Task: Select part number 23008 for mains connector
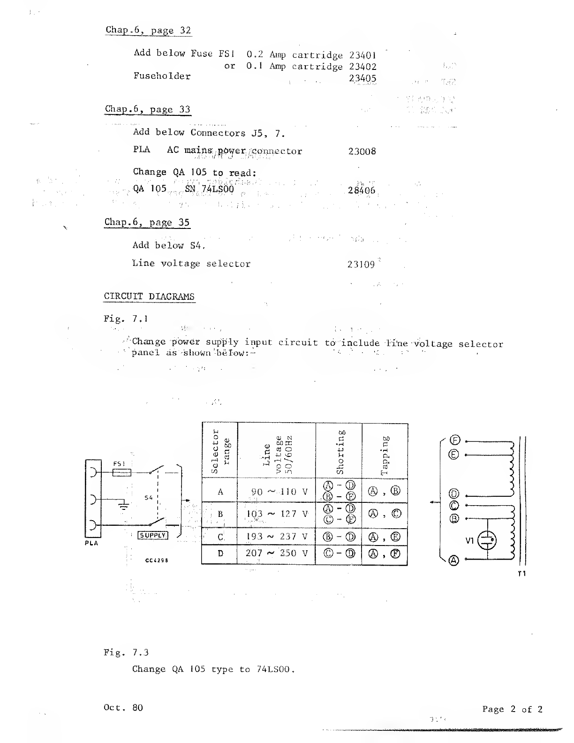pos(362,152)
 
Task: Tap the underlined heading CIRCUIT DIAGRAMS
pos(149,296)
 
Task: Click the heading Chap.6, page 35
pos(147,222)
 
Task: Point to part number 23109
pos(361,264)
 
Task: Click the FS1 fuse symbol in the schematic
pos(122,473)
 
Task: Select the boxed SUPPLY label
pos(152,535)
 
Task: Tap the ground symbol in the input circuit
pos(124,506)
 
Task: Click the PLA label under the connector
pos(92,543)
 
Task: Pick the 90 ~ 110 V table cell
pos(279,492)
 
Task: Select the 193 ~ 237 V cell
pos(277,537)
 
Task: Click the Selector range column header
pos(220,451)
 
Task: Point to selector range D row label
pos(220,553)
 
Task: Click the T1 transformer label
pos(521,573)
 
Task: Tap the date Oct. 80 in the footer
pos(123,707)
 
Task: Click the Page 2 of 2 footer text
pos(512,709)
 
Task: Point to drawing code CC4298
pos(157,560)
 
